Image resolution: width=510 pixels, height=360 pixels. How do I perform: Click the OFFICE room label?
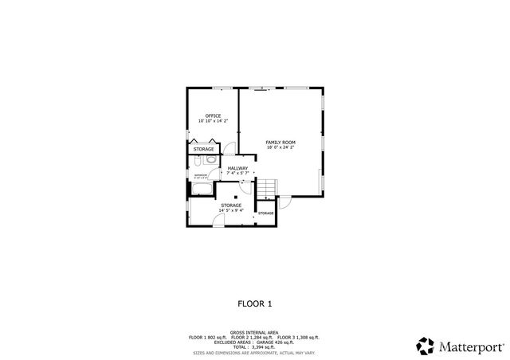(213, 115)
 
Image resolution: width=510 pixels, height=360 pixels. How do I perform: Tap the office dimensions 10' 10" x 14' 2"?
(213, 121)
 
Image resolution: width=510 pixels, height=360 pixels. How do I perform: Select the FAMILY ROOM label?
(280, 142)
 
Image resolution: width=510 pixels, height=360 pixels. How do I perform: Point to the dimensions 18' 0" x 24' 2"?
(280, 147)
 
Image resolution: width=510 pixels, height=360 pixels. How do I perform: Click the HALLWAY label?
(237, 168)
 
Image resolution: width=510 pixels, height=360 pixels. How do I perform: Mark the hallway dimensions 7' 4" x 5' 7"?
(237, 173)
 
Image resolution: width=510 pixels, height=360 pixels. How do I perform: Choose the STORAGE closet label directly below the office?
(204, 149)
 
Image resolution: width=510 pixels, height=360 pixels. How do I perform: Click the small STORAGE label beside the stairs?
(265, 213)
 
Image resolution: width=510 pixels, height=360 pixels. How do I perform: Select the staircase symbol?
(266, 187)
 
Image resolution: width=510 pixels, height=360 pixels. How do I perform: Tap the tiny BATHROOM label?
(200, 174)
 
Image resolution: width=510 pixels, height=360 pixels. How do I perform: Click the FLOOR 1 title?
(255, 303)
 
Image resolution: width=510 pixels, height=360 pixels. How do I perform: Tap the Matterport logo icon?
(426, 346)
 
